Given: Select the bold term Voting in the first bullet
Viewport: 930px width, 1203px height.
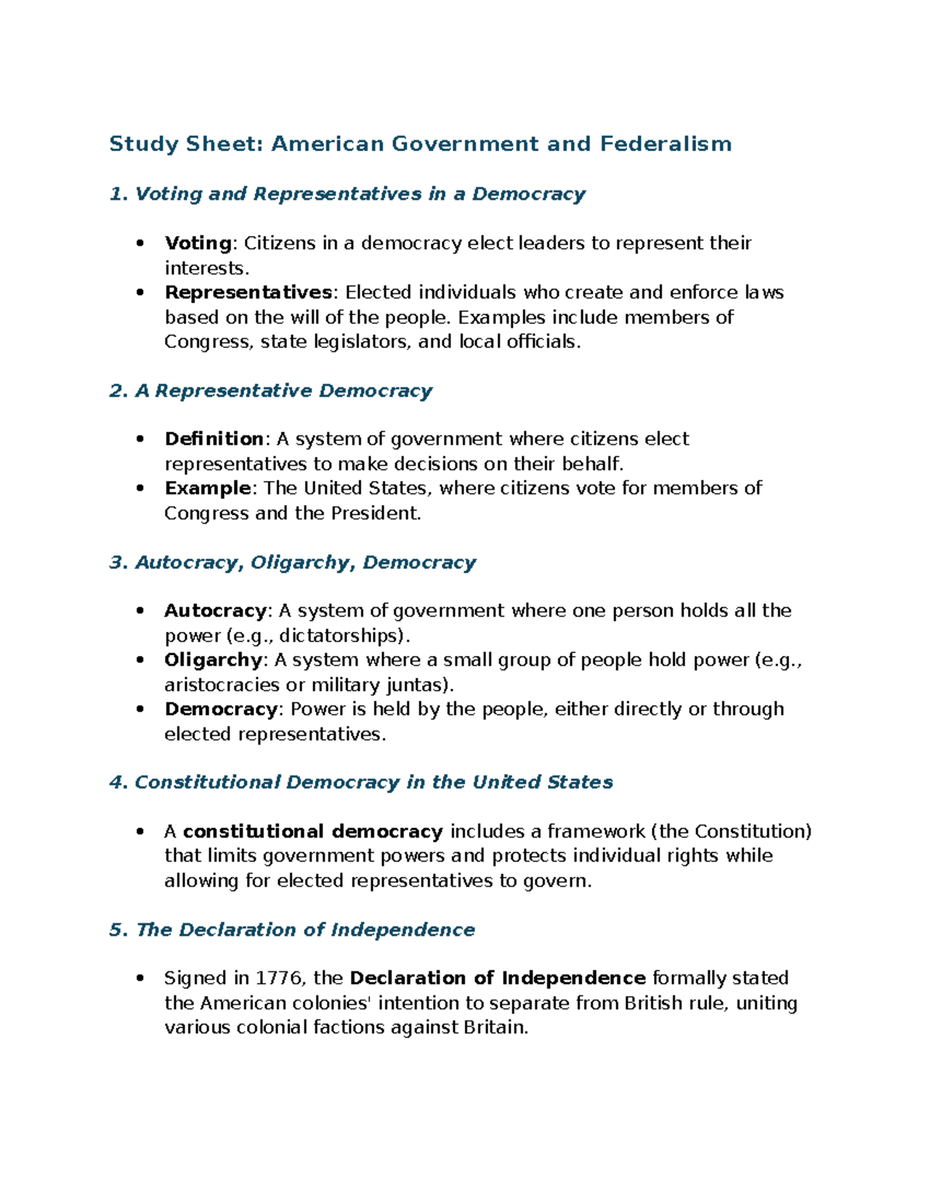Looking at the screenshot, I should pos(198,243).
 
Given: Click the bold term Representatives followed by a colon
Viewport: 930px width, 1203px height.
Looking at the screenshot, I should pos(248,292).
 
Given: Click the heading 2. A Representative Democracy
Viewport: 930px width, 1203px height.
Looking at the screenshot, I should pos(270,390).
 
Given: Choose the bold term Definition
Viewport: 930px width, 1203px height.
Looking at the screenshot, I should pos(214,439).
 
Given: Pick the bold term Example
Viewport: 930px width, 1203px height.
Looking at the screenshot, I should pos(207,488).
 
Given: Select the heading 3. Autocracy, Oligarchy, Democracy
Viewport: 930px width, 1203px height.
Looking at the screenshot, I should pos(292,562).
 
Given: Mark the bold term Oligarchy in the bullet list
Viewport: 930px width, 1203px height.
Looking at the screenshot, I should pos(213,660).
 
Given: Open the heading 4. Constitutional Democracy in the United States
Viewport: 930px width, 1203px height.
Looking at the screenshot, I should pos(361,782).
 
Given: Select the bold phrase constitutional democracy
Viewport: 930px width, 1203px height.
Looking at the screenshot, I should pos(312,831).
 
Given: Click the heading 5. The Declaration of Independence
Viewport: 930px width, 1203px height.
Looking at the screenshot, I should pos(292,930).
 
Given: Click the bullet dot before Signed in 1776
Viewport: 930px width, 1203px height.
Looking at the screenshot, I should pos(140,978).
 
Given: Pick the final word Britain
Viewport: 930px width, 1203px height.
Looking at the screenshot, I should pos(494,1028).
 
